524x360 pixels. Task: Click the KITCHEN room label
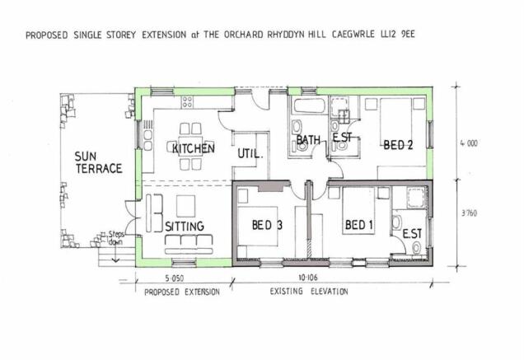click(194, 148)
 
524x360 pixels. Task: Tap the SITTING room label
click(185, 227)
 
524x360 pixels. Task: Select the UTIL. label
click(250, 154)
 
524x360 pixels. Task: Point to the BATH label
click(308, 139)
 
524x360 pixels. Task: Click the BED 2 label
click(398, 145)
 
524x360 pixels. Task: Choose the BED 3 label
click(267, 225)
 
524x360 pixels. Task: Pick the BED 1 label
click(358, 225)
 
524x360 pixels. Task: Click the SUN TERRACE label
click(98, 162)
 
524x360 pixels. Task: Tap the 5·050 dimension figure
click(175, 278)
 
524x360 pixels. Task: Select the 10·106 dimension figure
click(308, 277)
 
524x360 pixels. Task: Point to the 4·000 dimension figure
click(469, 143)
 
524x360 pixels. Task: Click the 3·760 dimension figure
click(469, 213)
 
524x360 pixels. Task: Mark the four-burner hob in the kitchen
click(187, 102)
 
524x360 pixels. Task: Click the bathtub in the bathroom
click(310, 105)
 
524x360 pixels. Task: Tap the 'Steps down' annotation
click(116, 237)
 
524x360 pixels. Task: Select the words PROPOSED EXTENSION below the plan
click(182, 292)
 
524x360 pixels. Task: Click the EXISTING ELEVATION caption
click(309, 292)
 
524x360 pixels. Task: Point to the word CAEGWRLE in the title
click(353, 35)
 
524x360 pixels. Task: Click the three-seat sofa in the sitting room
click(189, 245)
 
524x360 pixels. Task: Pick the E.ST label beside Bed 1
click(412, 234)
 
